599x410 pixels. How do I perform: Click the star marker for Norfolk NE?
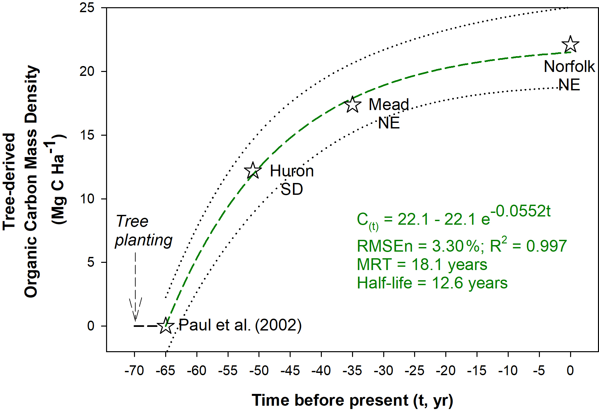tap(570, 45)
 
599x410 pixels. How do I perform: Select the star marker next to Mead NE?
tap(353, 105)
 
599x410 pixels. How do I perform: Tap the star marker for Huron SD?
tap(253, 171)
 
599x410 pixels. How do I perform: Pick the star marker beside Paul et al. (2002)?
tap(166, 326)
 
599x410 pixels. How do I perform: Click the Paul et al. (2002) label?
tap(240, 325)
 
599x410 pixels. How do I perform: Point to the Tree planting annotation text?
tap(144, 231)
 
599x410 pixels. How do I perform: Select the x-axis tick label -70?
tap(134, 371)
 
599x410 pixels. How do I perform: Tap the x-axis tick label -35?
tap(352, 371)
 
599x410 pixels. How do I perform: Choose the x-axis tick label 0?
tap(570, 371)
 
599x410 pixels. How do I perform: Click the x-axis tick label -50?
tap(259, 371)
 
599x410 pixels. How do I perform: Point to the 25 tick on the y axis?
tap(87, 8)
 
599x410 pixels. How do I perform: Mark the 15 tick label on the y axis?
tap(87, 135)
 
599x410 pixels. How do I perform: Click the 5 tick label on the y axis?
tap(91, 262)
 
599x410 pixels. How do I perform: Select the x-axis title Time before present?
tap(352, 400)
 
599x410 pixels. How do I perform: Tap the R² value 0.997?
tap(546, 246)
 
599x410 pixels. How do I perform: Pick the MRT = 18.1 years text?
tap(422, 264)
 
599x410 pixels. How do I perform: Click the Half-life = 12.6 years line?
tap(432, 283)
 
